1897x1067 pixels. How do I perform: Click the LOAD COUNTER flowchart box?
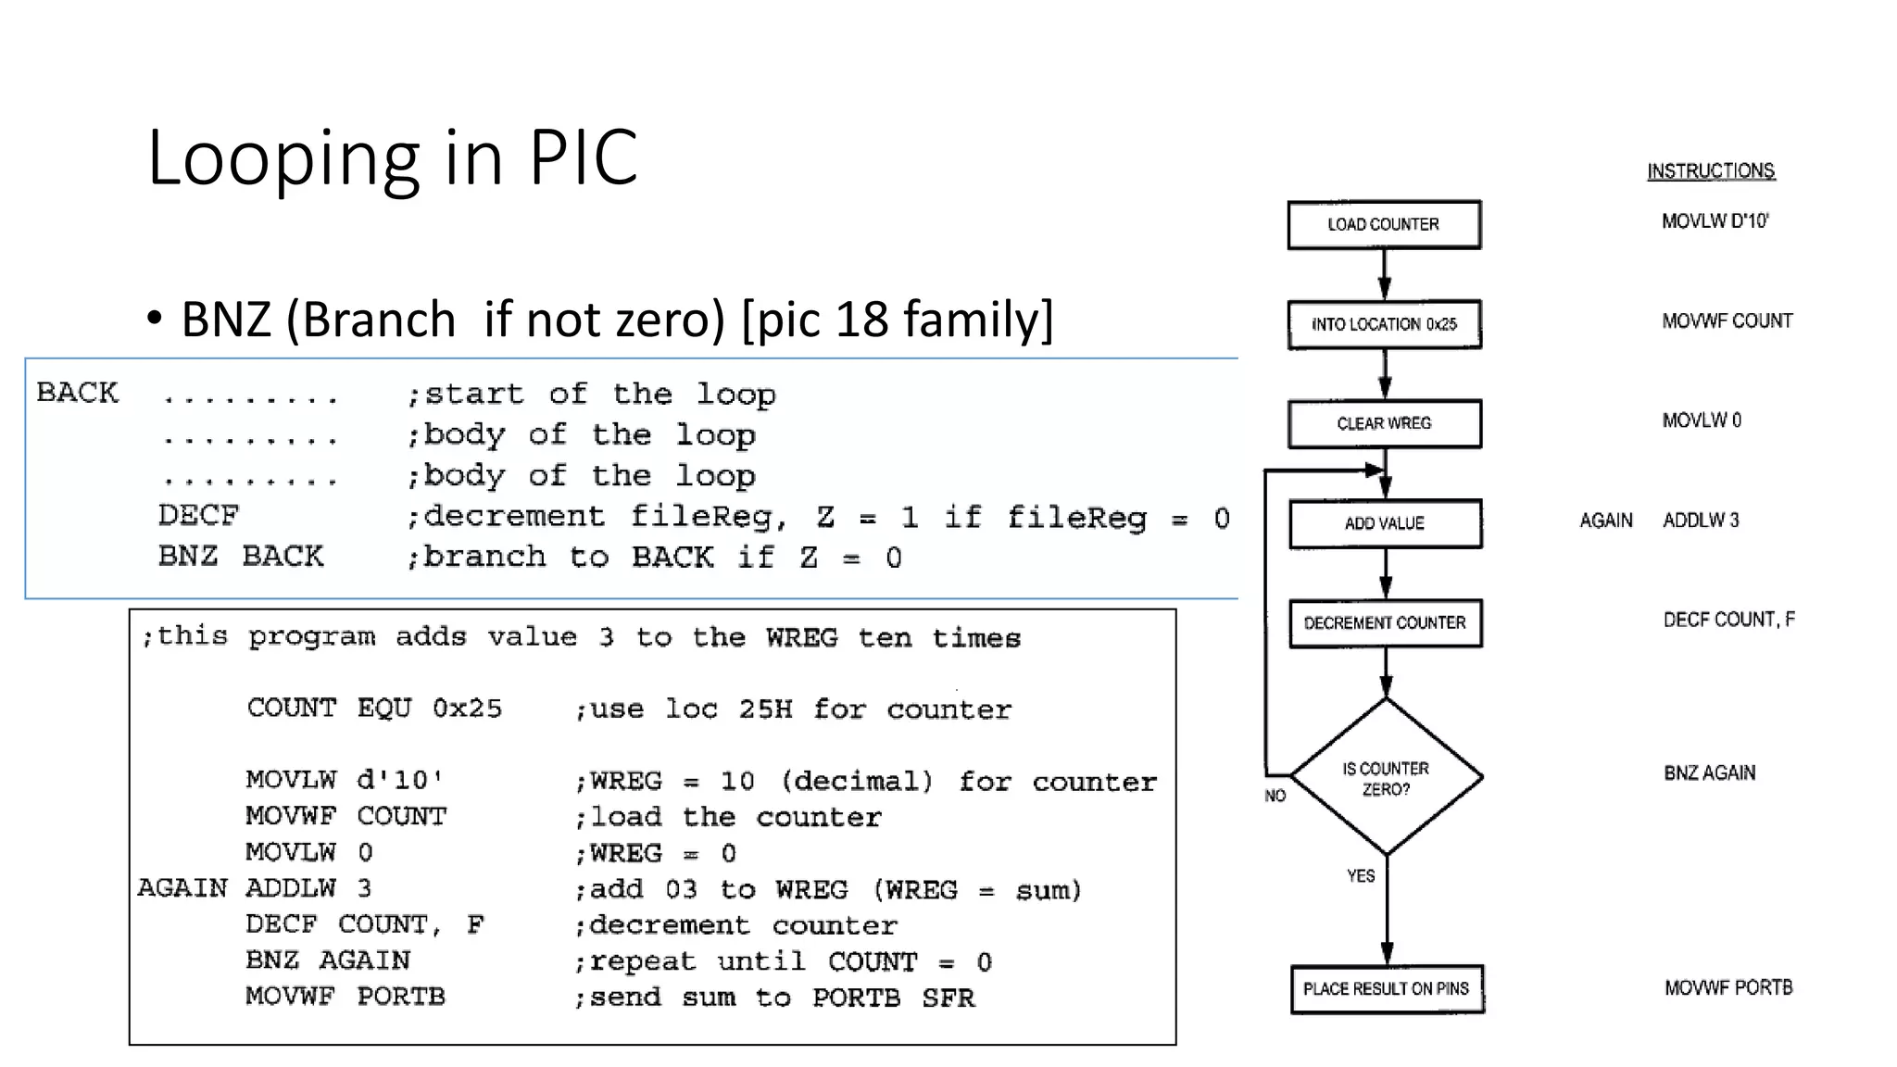(1384, 224)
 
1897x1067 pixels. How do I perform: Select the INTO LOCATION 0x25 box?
(1384, 324)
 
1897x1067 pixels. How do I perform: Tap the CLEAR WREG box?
(1384, 423)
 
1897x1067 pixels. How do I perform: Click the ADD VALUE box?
(1385, 523)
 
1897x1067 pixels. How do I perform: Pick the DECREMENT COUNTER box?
(1385, 622)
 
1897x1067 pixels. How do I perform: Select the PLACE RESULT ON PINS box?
(1386, 989)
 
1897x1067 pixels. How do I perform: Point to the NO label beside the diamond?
(1275, 796)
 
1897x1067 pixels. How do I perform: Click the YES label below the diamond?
(1361, 875)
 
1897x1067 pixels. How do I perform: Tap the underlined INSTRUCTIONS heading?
(1710, 171)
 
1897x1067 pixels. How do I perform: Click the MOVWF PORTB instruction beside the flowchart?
(1727, 988)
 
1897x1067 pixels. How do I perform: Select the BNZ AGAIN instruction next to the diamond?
(1709, 773)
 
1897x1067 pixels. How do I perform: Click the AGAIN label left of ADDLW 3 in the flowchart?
(1606, 521)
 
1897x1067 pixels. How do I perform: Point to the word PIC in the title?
(583, 157)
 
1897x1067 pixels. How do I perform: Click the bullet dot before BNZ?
(155, 319)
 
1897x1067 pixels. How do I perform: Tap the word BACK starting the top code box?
(78, 393)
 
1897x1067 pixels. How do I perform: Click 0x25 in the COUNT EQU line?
(467, 709)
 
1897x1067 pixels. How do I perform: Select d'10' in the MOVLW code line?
(399, 780)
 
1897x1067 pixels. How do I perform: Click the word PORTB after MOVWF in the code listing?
(401, 997)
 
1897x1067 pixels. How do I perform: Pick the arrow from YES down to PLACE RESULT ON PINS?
(1387, 917)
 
